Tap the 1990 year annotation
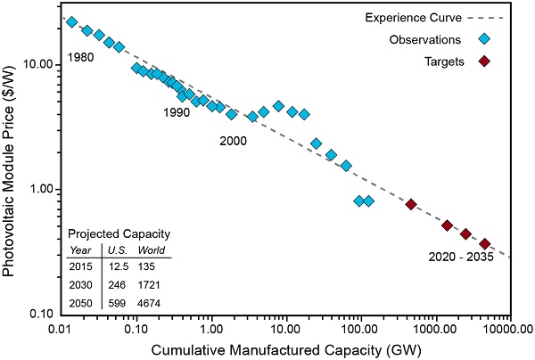coord(176,113)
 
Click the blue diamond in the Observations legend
coord(484,39)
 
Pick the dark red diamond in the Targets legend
coord(484,61)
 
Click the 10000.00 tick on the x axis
coord(506,327)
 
